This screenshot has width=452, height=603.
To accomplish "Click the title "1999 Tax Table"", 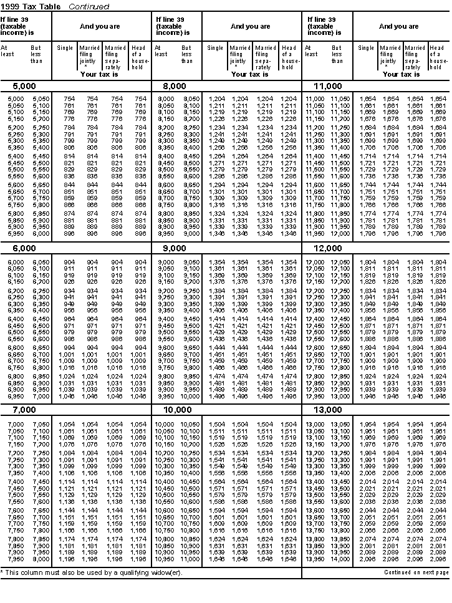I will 31,6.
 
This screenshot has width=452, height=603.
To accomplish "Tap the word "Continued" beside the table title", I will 89,6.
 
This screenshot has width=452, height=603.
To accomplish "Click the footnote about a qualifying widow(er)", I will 91,572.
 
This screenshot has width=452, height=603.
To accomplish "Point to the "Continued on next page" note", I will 416,572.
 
